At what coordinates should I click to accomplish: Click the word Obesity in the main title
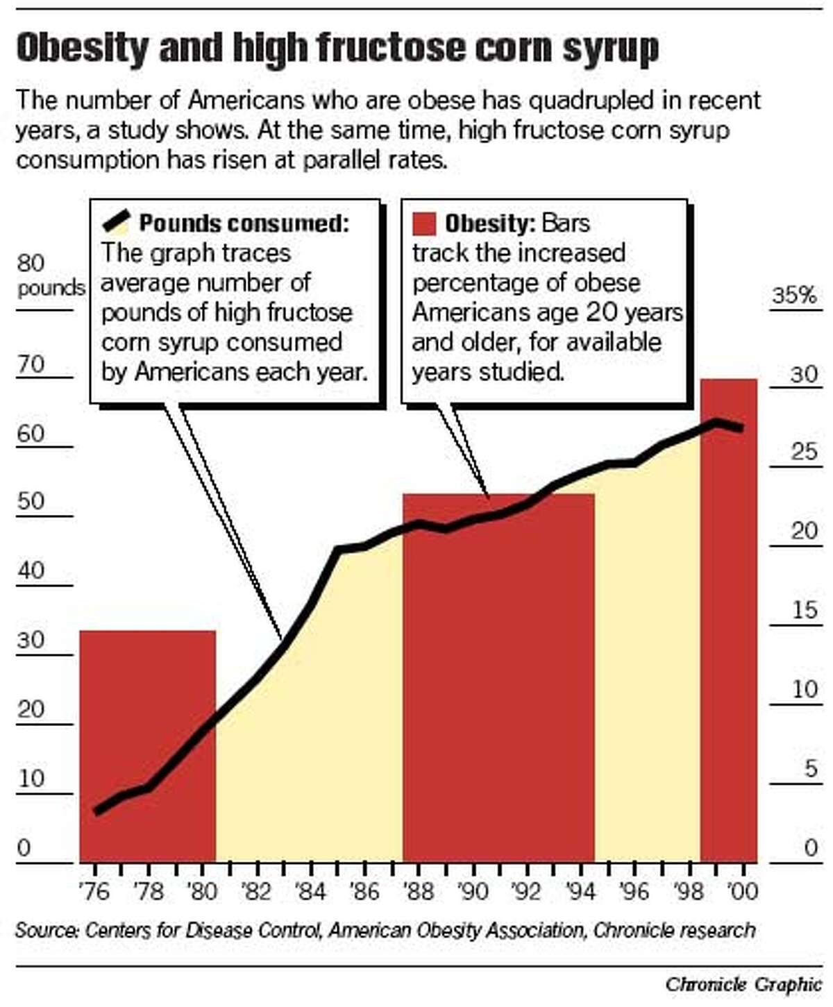coord(82,49)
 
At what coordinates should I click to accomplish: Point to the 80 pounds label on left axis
coord(42,275)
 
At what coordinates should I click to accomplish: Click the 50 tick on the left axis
coord(31,501)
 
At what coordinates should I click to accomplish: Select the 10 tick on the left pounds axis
coord(31,778)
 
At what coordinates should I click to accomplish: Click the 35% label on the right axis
coord(794,296)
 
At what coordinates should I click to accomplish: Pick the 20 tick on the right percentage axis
coord(805,531)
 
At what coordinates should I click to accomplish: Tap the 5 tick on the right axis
coord(810,768)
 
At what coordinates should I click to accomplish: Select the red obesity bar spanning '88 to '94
coord(498,680)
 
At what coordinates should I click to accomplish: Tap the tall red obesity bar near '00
coord(728,625)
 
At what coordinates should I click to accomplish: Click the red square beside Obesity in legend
coord(423,223)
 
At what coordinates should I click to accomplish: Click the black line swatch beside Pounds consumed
coord(116,222)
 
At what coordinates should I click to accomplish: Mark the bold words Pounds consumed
coord(244,223)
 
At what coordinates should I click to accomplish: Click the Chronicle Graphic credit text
coord(743,984)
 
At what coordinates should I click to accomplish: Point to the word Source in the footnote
coord(44,930)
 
